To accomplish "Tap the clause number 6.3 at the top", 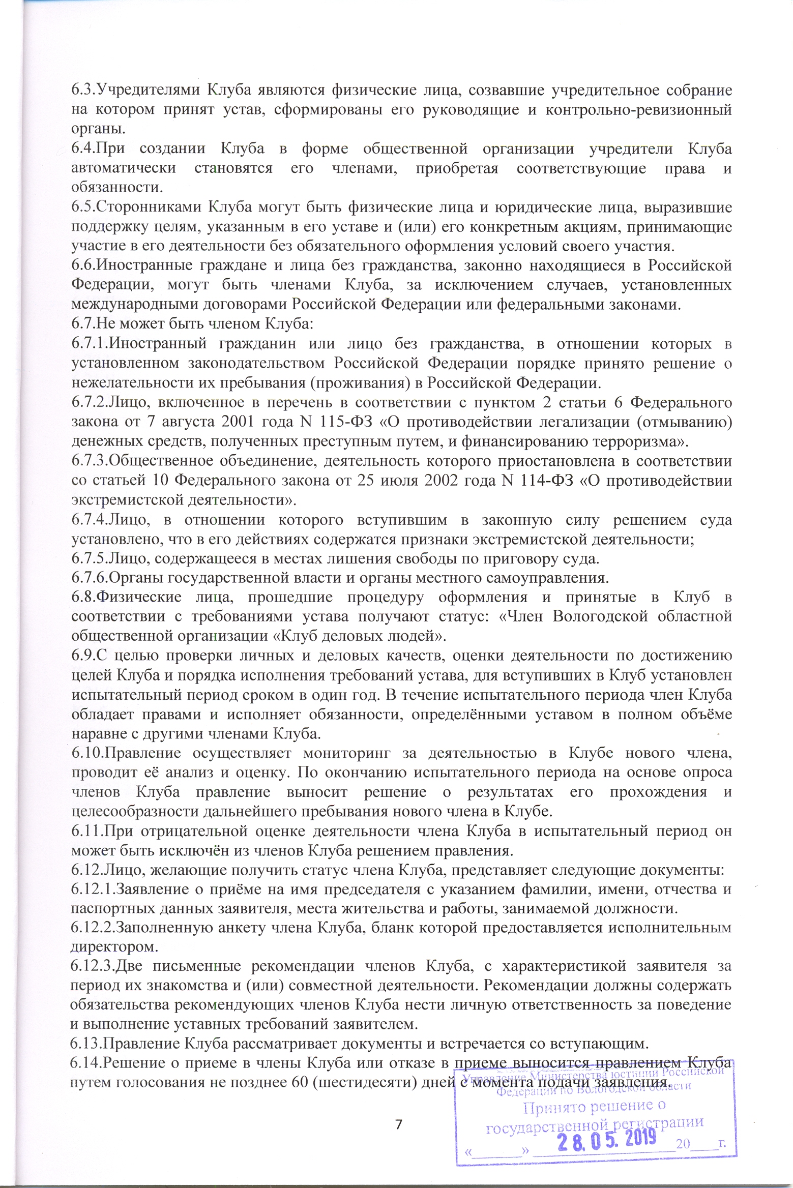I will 83,90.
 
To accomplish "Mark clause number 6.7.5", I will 88,558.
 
